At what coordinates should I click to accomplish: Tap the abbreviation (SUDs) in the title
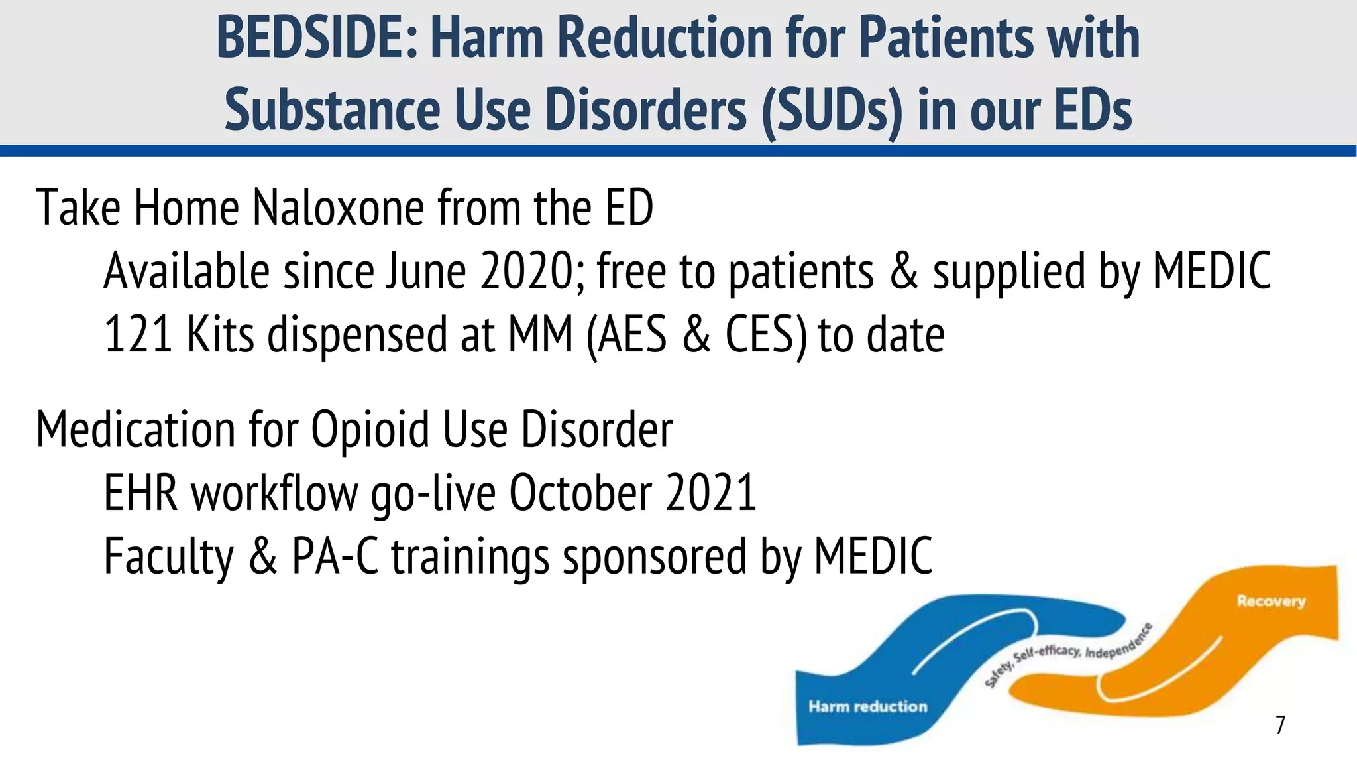[x=832, y=110]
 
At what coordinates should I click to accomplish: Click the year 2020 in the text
[x=533, y=271]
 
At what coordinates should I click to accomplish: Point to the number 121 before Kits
[x=138, y=334]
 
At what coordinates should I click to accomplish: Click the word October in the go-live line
[x=580, y=493]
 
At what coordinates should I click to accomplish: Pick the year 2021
[x=711, y=493]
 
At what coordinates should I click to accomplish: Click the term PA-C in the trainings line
[x=335, y=556]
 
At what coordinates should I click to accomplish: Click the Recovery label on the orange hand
[x=1270, y=602]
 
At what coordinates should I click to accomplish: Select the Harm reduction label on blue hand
[x=867, y=706]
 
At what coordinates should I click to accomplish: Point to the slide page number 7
[x=1280, y=725]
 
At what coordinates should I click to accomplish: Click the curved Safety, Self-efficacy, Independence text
[x=1067, y=654]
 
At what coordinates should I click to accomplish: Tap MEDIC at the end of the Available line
[x=1212, y=271]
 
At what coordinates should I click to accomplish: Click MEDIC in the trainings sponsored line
[x=873, y=556]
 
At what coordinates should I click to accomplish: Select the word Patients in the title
[x=946, y=38]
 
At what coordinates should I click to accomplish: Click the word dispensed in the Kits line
[x=358, y=334]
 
